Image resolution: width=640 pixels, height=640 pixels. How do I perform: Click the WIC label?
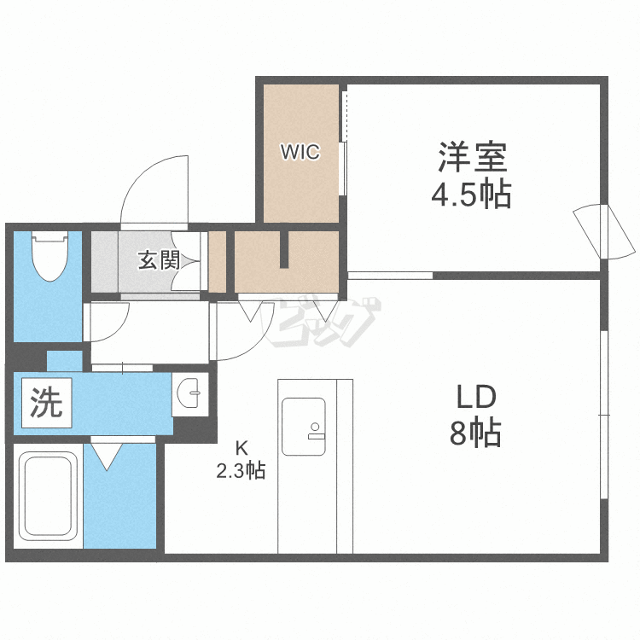300,152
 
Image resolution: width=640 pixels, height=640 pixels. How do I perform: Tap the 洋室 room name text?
473,157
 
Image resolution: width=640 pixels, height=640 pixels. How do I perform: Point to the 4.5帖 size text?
471,195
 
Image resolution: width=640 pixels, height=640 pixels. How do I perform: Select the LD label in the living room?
476,397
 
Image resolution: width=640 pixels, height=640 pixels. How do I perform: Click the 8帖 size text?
475,432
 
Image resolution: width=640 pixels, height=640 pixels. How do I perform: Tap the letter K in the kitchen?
241,449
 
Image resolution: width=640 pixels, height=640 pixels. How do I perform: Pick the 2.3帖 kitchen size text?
241,470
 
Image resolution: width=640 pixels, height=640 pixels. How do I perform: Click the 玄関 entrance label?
159,260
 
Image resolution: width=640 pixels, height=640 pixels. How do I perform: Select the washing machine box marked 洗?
47,403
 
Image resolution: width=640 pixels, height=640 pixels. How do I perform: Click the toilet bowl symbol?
49,256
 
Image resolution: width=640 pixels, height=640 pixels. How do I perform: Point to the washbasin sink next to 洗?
189,393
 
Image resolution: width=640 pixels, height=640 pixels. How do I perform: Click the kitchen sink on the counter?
304,427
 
